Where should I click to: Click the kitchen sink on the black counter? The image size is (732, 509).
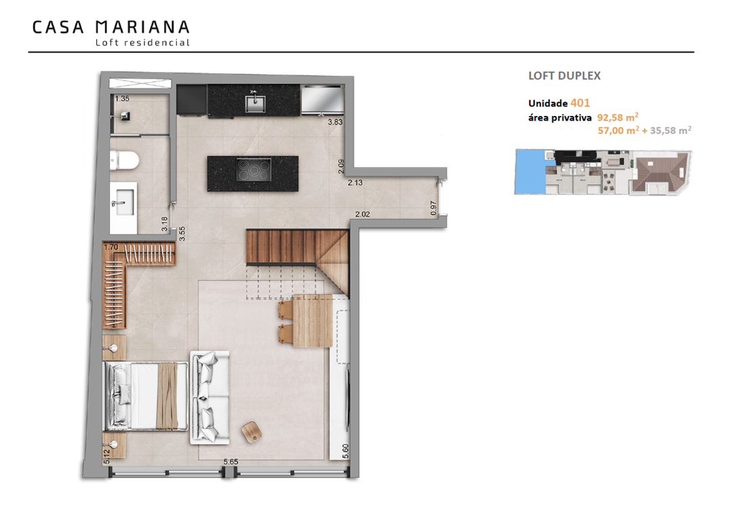(x=256, y=104)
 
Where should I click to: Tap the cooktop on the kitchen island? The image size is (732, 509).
(x=253, y=169)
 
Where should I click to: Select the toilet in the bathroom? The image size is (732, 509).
(x=125, y=160)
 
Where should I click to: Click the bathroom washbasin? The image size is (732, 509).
(x=124, y=205)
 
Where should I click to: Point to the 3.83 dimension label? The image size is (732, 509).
(x=335, y=123)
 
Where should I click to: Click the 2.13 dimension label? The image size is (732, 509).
(x=355, y=182)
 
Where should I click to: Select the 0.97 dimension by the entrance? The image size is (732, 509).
(x=433, y=208)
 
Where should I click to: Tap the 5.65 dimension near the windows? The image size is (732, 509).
(x=230, y=462)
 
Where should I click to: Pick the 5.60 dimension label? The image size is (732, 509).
(x=346, y=451)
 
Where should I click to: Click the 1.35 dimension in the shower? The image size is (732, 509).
(x=122, y=98)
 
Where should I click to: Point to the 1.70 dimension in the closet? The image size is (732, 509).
(x=111, y=247)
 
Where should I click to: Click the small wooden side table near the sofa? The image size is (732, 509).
(x=251, y=432)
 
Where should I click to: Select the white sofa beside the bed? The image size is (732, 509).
(x=209, y=397)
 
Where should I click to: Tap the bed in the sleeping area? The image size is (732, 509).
(x=145, y=396)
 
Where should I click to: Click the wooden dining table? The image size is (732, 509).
(x=312, y=321)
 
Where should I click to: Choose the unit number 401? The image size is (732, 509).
(x=580, y=103)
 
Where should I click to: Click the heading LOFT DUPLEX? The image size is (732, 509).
(x=565, y=76)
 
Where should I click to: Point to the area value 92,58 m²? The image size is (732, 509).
(x=617, y=117)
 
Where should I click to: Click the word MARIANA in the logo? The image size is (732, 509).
(x=142, y=27)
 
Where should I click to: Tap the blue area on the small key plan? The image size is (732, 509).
(x=530, y=171)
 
